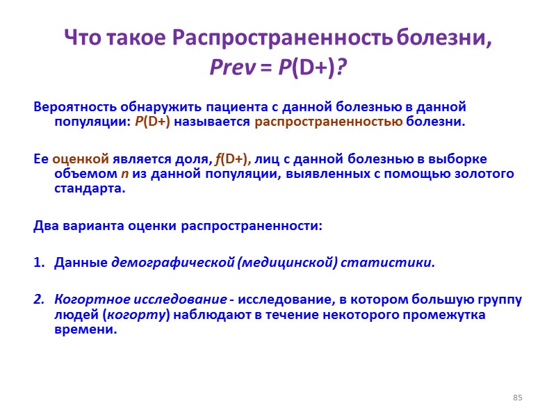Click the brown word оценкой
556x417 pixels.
75,158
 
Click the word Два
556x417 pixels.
45,226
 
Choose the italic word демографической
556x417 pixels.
174,263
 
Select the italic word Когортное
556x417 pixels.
87,300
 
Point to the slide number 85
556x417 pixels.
517,398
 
